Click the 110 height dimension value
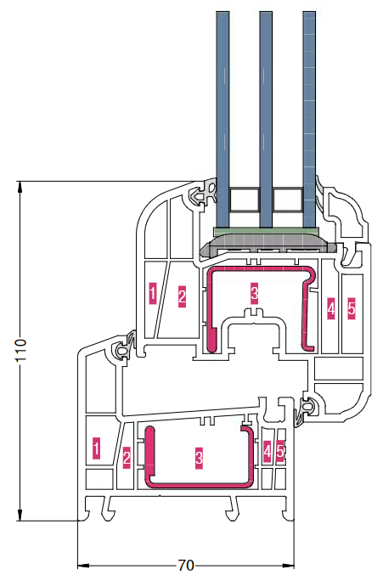[20, 350]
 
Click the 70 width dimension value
[186, 566]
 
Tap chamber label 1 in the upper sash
[153, 293]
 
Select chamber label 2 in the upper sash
[182, 296]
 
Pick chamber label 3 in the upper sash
[254, 292]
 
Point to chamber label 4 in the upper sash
[330, 308]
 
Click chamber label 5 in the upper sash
[352, 308]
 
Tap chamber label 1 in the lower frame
[97, 448]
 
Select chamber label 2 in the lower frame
[127, 458]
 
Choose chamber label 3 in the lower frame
[199, 457]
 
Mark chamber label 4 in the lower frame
[267, 452]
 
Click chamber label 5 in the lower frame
[280, 452]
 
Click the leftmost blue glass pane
[222, 119]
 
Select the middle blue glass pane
[266, 119]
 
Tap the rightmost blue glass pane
[309, 119]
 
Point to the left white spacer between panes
[245, 200]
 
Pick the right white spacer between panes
[287, 200]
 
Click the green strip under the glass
[266, 231]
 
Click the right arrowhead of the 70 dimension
[289, 566]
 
